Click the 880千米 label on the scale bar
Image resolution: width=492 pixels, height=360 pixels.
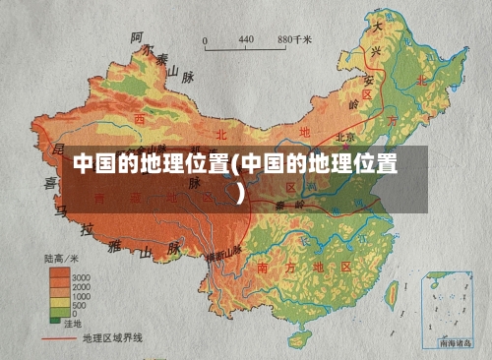point(295,39)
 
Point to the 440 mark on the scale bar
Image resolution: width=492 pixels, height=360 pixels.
point(246,39)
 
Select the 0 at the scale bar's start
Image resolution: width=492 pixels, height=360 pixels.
point(206,39)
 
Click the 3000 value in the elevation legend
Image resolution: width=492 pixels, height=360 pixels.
point(80,276)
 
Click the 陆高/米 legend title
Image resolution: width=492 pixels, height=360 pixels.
point(61,258)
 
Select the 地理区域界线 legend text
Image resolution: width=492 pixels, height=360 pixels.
point(113,337)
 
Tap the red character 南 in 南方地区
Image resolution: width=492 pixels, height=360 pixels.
point(262,268)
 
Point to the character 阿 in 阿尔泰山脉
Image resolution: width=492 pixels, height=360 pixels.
point(136,38)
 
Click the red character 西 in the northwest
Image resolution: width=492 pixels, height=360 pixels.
point(139,118)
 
